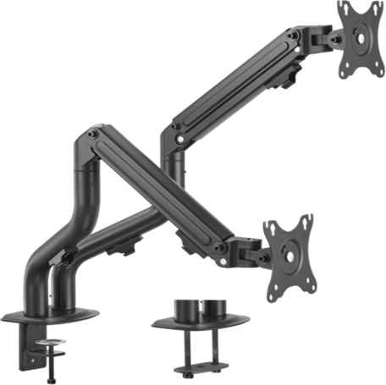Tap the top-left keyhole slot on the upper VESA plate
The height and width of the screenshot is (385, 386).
coord(345,10)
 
